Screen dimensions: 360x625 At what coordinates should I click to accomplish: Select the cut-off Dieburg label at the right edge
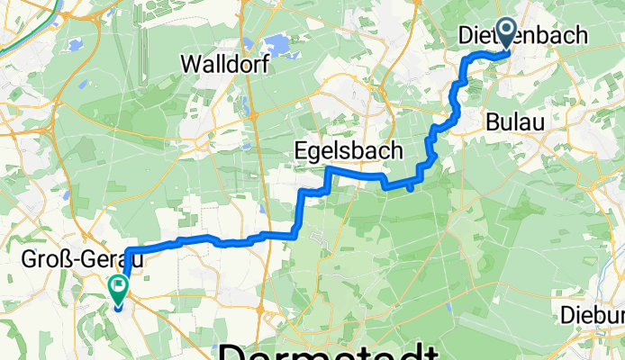tap(593, 315)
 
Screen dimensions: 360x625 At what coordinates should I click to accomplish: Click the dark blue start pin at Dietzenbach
tap(505, 33)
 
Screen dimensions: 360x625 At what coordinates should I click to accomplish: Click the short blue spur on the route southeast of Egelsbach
tap(411, 187)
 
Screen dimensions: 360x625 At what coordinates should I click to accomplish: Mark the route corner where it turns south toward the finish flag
tap(129, 250)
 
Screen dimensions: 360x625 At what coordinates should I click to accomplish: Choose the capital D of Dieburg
tap(567, 315)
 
